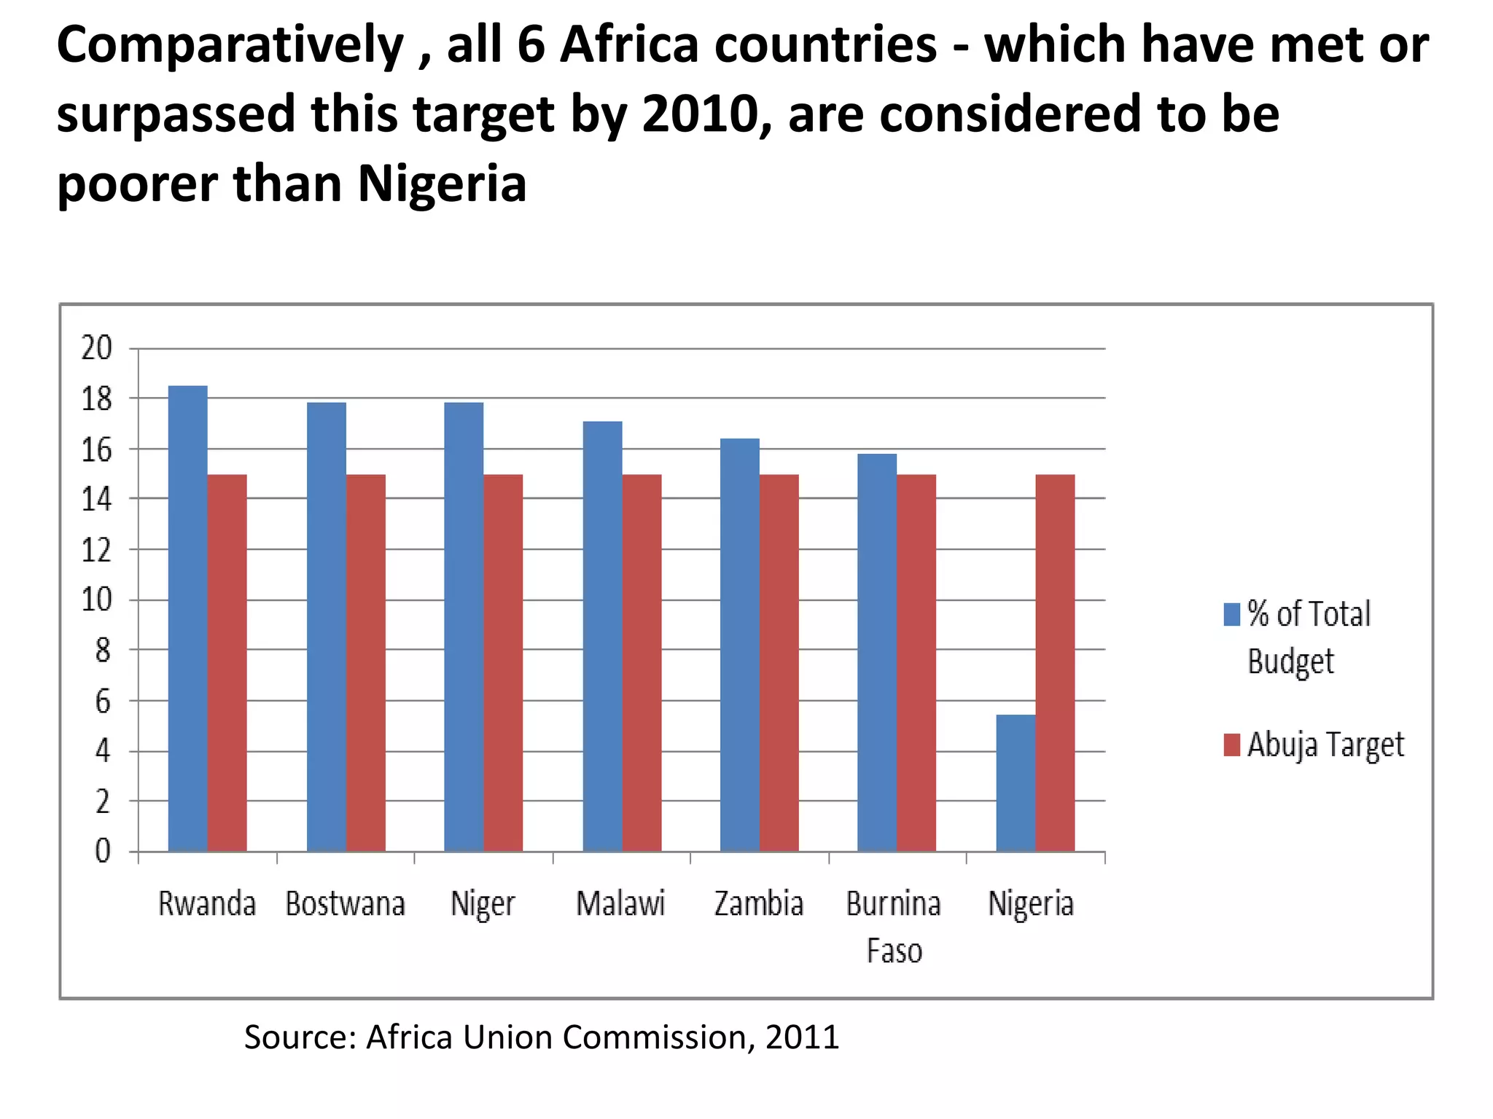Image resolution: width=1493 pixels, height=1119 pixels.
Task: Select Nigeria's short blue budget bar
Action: tap(1016, 782)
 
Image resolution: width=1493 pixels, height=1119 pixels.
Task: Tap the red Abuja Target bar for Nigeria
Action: tap(1055, 662)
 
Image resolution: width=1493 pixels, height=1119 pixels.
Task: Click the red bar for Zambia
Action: tap(779, 662)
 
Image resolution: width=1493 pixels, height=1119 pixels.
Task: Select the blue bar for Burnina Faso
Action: tap(877, 652)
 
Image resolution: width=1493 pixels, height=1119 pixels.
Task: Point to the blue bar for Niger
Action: tap(464, 627)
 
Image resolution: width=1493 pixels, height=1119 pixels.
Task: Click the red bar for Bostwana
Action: tap(365, 662)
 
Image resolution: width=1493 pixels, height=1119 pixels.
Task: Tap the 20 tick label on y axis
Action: tap(96, 348)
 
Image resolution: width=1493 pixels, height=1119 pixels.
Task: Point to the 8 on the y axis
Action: tap(103, 650)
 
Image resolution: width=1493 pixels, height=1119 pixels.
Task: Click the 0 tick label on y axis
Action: tap(103, 851)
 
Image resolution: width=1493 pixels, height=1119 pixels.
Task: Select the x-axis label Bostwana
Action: tap(345, 904)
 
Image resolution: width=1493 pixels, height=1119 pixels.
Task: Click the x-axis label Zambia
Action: tap(758, 904)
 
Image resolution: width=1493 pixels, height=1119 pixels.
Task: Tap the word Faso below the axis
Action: tap(894, 951)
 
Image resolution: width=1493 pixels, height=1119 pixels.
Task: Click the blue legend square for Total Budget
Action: tap(1231, 614)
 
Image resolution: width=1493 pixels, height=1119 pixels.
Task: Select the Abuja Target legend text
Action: tap(1325, 745)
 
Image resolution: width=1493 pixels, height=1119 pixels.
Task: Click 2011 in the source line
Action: tap(802, 1037)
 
